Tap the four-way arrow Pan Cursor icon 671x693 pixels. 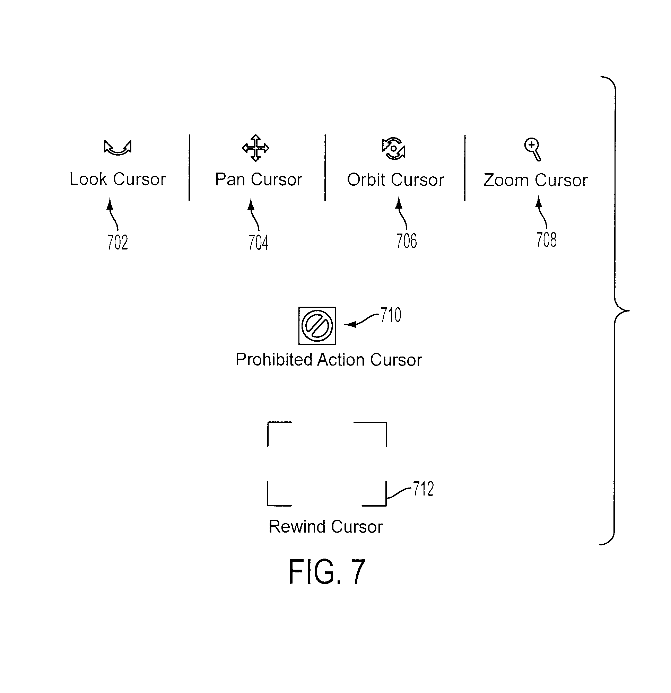[x=256, y=148]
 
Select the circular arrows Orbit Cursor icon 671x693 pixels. [x=394, y=149]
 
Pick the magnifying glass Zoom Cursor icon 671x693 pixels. [x=533, y=149]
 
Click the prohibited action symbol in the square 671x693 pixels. [x=317, y=326]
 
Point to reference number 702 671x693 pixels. [x=117, y=242]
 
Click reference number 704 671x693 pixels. [x=258, y=243]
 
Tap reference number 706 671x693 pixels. [x=407, y=241]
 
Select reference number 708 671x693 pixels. [x=547, y=239]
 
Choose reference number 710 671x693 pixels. [x=391, y=315]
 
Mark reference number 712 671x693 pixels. [x=424, y=489]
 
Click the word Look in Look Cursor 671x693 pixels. [x=88, y=179]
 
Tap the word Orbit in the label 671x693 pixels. [x=366, y=179]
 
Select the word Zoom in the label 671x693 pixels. [x=506, y=180]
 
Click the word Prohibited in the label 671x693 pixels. [x=274, y=360]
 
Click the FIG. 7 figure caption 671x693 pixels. [x=327, y=572]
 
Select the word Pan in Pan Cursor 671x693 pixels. [x=230, y=179]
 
